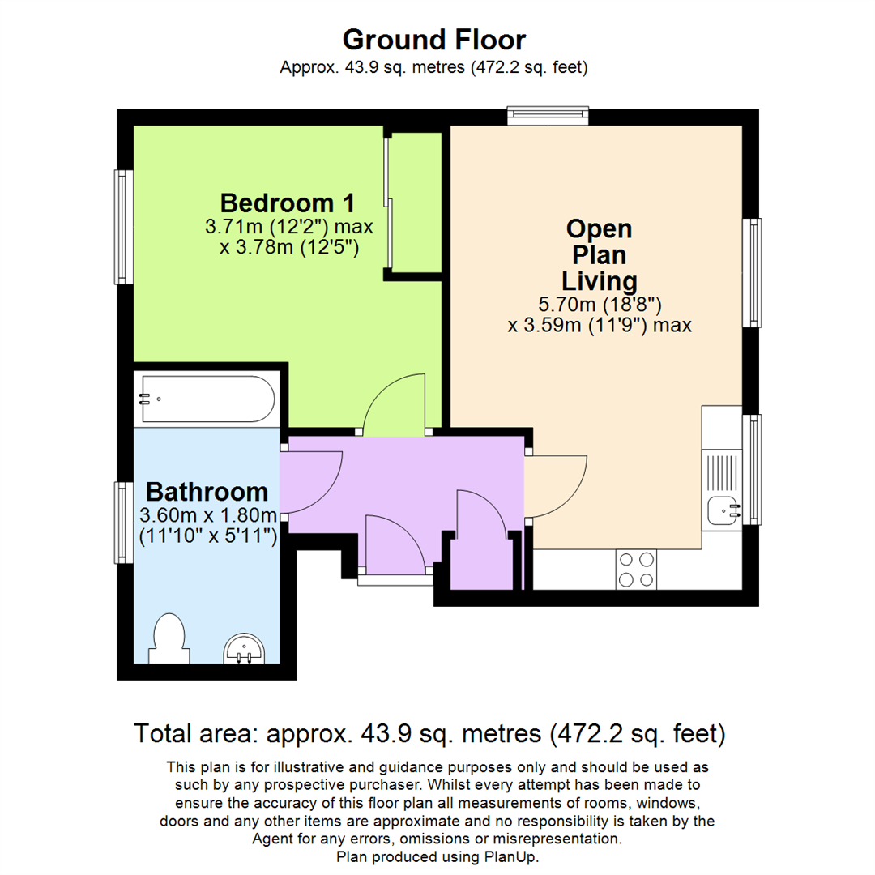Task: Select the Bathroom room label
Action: click(x=207, y=492)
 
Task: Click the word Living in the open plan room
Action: click(x=600, y=281)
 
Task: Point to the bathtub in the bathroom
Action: click(x=207, y=399)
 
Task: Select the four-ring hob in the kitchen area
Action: click(x=636, y=569)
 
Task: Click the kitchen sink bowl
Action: click(x=723, y=510)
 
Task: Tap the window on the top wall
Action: click(x=548, y=117)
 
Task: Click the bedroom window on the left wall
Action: click(x=124, y=227)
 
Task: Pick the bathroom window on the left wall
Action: click(x=124, y=523)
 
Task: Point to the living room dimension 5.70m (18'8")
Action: click(x=600, y=305)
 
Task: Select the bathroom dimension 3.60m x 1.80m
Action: click(x=208, y=515)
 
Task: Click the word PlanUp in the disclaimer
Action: click(x=509, y=856)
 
